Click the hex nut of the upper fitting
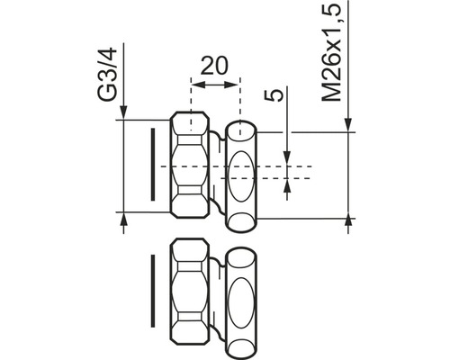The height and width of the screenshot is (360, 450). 191,166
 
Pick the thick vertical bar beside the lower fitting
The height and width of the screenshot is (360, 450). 153,290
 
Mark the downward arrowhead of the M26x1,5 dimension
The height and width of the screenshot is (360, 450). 346,127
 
